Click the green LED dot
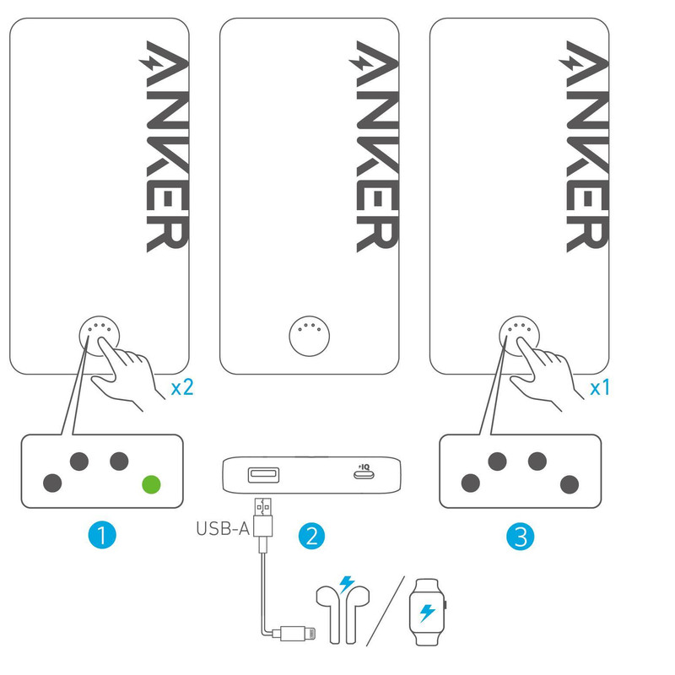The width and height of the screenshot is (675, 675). (x=152, y=484)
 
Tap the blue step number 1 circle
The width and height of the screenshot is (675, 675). (x=102, y=535)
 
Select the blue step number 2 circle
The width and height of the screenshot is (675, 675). (x=311, y=536)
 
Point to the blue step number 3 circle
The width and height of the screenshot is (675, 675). (x=520, y=537)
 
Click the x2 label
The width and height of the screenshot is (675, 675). (x=182, y=387)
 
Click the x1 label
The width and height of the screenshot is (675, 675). (x=600, y=388)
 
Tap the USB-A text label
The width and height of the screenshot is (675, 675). (x=223, y=529)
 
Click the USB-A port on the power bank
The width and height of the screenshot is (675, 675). (x=263, y=474)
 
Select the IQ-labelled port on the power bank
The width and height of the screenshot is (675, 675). (x=364, y=474)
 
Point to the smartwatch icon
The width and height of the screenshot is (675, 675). (x=428, y=612)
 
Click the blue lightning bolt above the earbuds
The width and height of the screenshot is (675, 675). (x=347, y=585)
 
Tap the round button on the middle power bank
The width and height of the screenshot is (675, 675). (x=310, y=336)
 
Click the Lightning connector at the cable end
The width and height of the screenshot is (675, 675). (x=298, y=634)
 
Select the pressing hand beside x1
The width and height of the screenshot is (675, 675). (x=544, y=372)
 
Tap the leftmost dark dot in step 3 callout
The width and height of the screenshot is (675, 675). (x=471, y=483)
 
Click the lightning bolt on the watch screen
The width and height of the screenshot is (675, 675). (x=427, y=613)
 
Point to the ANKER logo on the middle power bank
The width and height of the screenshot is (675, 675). (x=374, y=146)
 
